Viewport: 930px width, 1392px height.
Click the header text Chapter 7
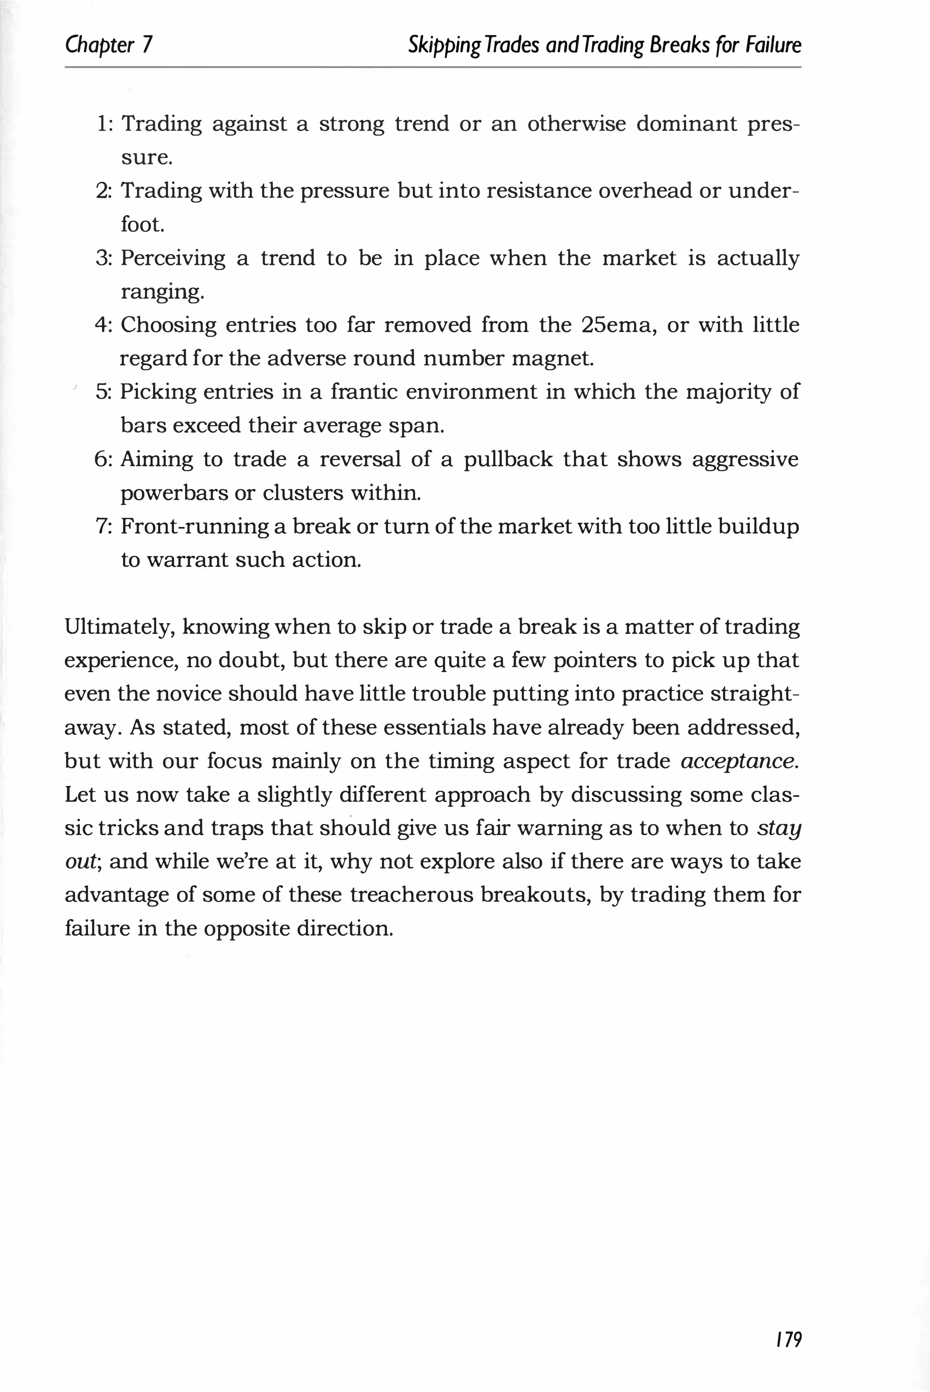109,45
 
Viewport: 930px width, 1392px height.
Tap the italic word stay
779,828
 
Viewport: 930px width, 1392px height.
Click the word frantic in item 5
364,392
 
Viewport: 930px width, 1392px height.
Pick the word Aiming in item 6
157,460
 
